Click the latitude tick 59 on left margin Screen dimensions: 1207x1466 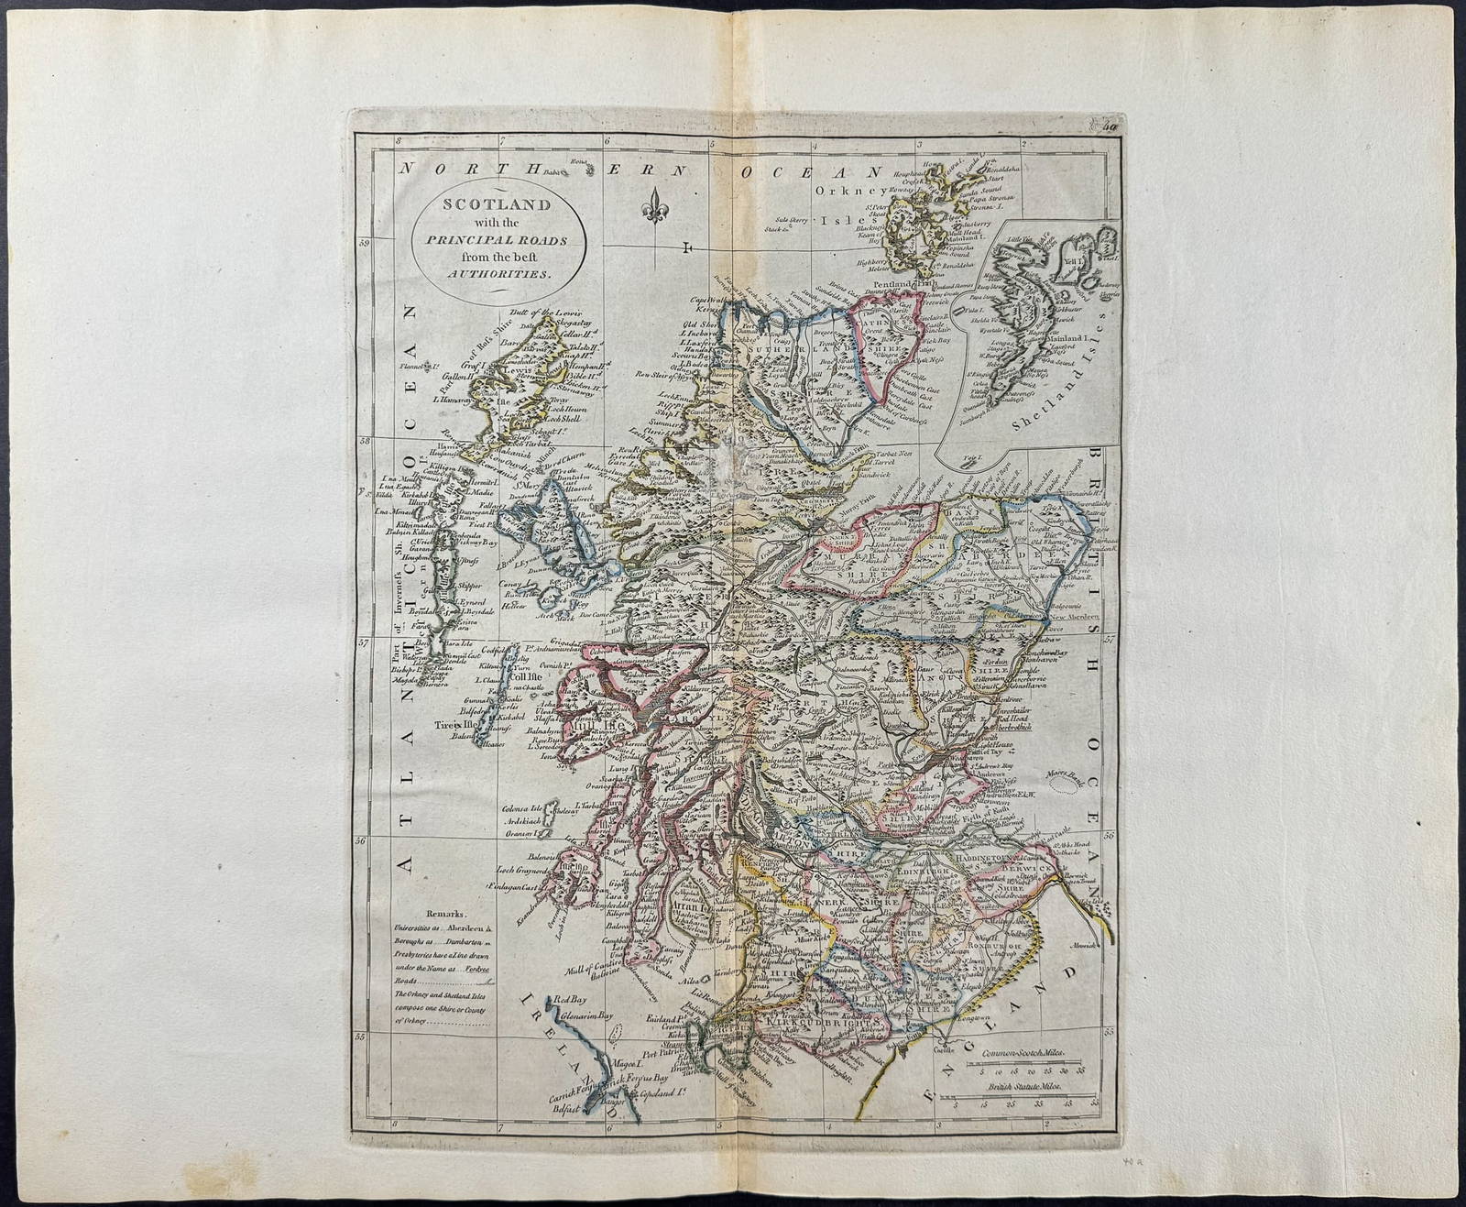click(x=363, y=243)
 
